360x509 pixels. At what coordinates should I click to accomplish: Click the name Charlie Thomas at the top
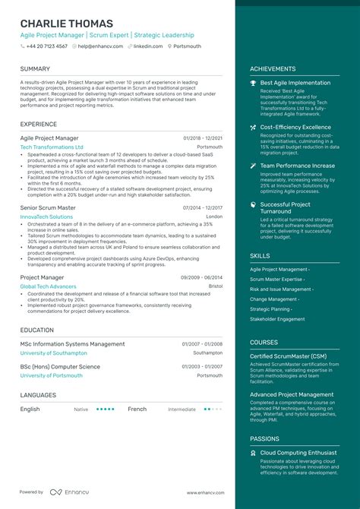tap(67, 24)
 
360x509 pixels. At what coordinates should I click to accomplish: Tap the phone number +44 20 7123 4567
tap(47, 46)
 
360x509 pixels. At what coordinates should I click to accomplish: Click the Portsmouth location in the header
tap(187, 46)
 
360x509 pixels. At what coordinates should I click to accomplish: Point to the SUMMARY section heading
tap(36, 69)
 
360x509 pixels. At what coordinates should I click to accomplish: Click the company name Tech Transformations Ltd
tap(52, 147)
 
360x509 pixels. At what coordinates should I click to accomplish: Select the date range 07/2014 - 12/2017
tap(203, 207)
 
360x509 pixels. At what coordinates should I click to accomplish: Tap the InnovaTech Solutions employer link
tap(46, 217)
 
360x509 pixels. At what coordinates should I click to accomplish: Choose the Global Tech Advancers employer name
tap(48, 286)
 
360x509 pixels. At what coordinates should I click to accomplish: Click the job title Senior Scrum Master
tap(48, 207)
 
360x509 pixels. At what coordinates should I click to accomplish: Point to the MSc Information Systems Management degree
tap(72, 344)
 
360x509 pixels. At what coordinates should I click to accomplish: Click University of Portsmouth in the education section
tap(52, 375)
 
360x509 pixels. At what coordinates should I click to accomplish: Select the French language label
tap(137, 409)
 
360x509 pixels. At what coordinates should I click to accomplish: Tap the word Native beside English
tap(81, 409)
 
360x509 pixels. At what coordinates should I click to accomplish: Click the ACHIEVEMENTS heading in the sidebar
tap(273, 69)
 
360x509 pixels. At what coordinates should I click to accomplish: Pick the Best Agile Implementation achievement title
tap(295, 83)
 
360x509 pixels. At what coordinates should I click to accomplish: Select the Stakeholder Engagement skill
tap(278, 319)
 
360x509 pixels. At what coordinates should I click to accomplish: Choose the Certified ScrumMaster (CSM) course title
tap(289, 356)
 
